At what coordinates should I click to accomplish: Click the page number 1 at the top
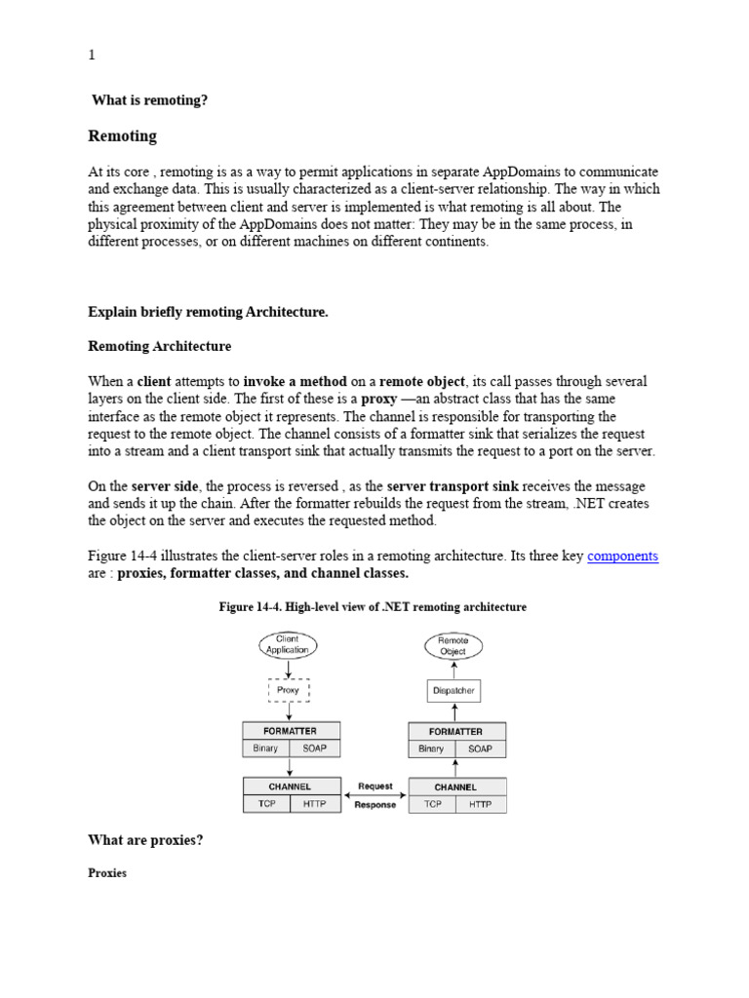tap(92, 56)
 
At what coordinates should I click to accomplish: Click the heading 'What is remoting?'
tap(149, 100)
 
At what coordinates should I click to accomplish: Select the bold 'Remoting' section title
tap(122, 135)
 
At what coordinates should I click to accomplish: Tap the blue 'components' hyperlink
tap(622, 556)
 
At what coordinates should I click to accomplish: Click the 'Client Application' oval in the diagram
tap(288, 644)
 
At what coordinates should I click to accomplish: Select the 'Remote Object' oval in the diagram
tap(453, 644)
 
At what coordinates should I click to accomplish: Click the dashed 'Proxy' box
tap(288, 690)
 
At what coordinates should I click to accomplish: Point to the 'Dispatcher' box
tap(453, 691)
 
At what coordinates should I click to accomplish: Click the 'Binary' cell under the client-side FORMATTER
tap(265, 748)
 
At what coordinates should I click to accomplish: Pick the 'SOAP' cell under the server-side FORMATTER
tap(480, 749)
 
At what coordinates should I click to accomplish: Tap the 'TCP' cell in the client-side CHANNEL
tap(267, 804)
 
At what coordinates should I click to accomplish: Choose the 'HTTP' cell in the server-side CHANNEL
tap(480, 804)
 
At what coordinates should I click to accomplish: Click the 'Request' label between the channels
tap(375, 786)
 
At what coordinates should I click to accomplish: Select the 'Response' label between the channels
tap(375, 805)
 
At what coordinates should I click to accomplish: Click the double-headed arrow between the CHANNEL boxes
tap(375, 795)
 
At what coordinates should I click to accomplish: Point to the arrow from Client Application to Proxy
tap(288, 668)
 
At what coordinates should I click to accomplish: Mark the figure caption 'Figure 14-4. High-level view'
tap(374, 607)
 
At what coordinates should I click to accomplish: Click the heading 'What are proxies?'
tap(145, 840)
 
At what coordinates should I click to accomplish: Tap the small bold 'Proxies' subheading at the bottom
tap(107, 873)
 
